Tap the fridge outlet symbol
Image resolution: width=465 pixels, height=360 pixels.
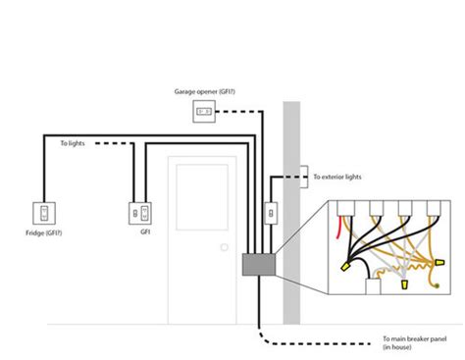pyautogui.click(x=45, y=212)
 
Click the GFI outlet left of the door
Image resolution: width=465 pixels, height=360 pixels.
pyautogui.click(x=137, y=212)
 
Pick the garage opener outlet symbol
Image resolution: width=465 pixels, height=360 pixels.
pyautogui.click(x=203, y=111)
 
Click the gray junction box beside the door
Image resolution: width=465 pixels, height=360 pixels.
pyautogui.click(x=256, y=264)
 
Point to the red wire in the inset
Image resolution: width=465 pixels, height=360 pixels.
pyautogui.click(x=339, y=228)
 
